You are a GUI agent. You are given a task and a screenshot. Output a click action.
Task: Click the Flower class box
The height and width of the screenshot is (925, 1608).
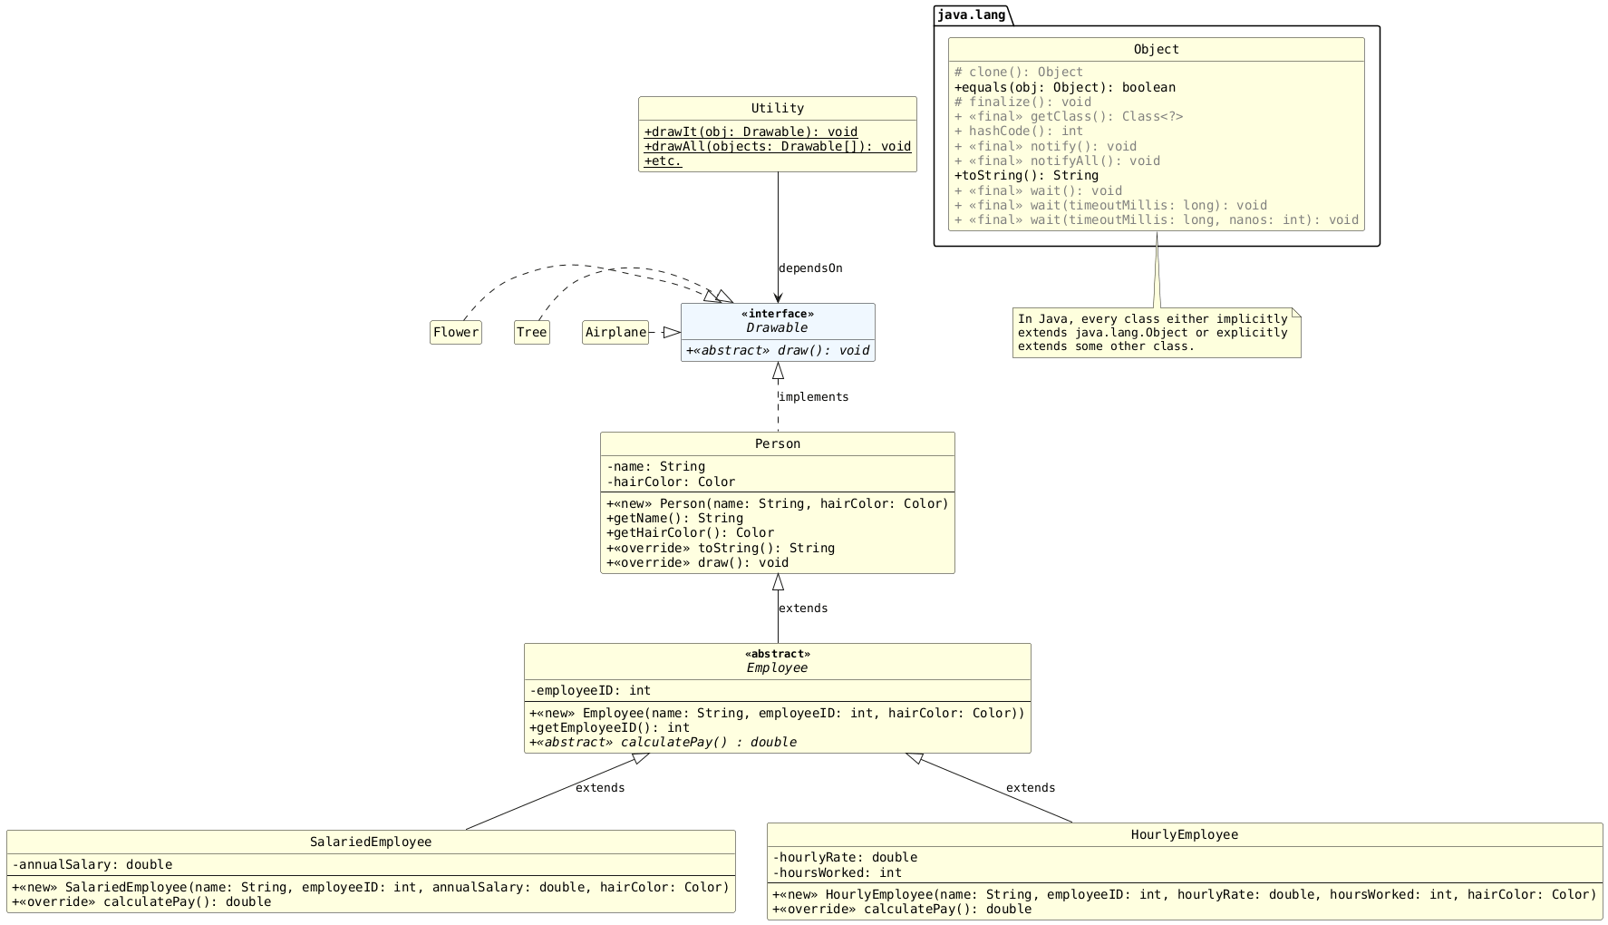pyautogui.click(x=456, y=333)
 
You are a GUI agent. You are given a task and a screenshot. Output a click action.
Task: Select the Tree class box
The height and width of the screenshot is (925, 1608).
pyautogui.click(x=531, y=333)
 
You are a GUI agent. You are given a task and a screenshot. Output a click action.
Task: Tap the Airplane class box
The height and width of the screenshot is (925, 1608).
pyautogui.click(x=615, y=333)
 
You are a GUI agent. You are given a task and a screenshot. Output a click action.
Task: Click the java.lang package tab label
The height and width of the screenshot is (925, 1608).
pyautogui.click(x=971, y=15)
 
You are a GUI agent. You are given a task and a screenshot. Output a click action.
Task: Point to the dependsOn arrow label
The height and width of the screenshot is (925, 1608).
pyautogui.click(x=810, y=268)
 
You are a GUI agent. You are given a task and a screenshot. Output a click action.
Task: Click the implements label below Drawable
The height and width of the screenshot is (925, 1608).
pyautogui.click(x=814, y=397)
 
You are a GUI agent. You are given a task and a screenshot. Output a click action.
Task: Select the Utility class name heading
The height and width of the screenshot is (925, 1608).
pyautogui.click(x=777, y=109)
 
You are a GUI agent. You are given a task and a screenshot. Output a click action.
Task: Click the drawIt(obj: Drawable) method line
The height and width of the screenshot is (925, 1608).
pyautogui.click(x=751, y=132)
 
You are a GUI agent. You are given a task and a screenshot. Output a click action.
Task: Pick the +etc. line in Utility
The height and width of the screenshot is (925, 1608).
pyautogui.click(x=663, y=161)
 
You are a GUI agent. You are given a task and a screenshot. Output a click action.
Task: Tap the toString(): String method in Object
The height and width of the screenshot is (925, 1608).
pyautogui.click(x=1026, y=176)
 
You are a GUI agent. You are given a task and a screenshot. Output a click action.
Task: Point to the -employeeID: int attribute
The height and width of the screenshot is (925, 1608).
pyautogui.click(x=590, y=691)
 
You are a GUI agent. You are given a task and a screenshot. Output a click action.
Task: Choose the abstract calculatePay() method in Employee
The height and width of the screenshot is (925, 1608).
pyautogui.click(x=663, y=743)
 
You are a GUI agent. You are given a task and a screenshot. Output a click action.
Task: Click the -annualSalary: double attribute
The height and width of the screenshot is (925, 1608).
pyautogui.click(x=92, y=865)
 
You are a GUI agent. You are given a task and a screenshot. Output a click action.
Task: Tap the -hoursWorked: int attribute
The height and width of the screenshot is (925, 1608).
pyautogui.click(x=837, y=873)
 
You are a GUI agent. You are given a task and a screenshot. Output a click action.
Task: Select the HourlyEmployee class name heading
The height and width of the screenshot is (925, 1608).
pyautogui.click(x=1184, y=835)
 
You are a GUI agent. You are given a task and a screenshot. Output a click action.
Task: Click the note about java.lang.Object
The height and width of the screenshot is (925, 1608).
pyautogui.click(x=1156, y=333)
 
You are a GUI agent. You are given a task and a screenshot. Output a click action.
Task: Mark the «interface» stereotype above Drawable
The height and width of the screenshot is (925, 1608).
pyautogui.click(x=777, y=315)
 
